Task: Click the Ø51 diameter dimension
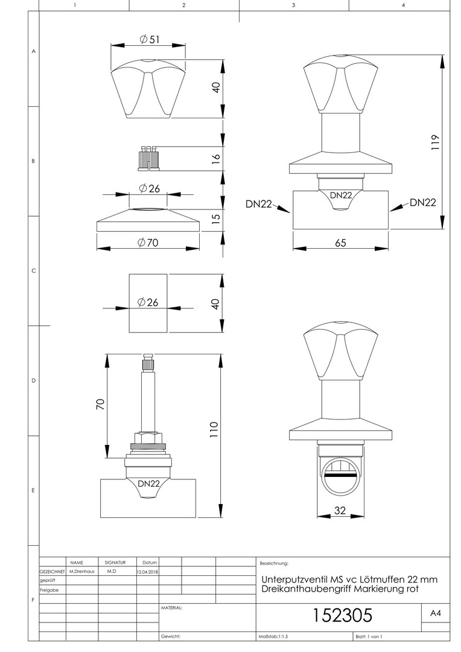click(x=149, y=39)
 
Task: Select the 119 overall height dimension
click(x=435, y=142)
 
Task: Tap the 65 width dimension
click(x=340, y=243)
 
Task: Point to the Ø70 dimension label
click(x=148, y=243)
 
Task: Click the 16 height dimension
click(x=216, y=158)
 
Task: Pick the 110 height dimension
click(x=214, y=430)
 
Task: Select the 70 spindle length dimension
click(x=101, y=404)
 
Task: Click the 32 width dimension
click(x=340, y=510)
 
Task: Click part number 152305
click(x=342, y=615)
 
